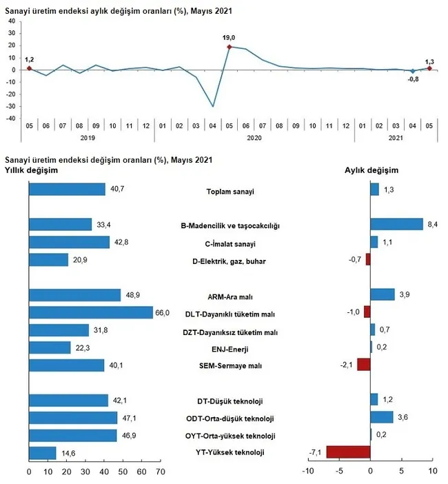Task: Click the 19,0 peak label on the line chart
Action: tap(229, 38)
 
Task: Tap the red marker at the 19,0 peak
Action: tap(228, 47)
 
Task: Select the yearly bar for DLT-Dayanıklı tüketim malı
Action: tap(90, 312)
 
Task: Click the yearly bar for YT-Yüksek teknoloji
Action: tap(42, 453)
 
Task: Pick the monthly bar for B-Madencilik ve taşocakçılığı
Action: tap(396, 224)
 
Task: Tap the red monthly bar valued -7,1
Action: tap(348, 452)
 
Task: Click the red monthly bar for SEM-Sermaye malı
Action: tap(363, 365)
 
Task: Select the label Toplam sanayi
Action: tap(230, 191)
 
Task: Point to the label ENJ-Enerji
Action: tap(231, 349)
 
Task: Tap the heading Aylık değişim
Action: tap(371, 170)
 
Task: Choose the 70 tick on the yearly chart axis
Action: tap(160, 472)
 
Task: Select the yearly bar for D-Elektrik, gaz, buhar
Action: tap(48, 259)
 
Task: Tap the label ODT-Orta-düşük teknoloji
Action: tap(232, 419)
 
